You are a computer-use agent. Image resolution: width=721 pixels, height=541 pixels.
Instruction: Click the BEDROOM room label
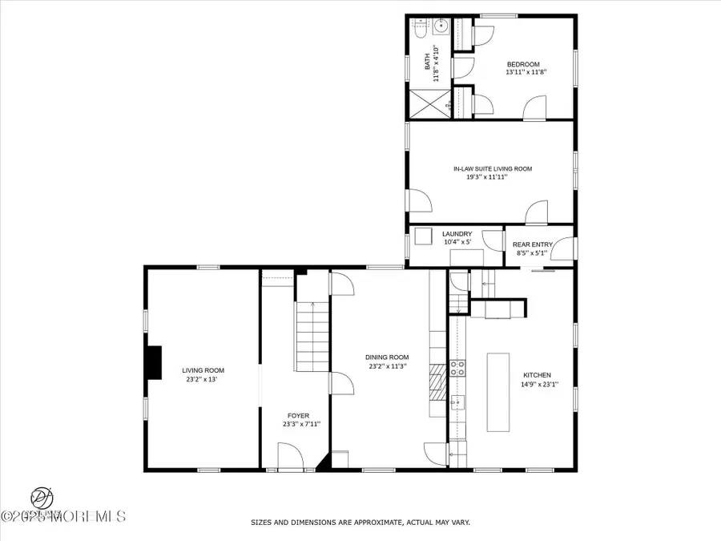522,65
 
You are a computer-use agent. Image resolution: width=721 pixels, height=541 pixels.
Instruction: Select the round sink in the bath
441,26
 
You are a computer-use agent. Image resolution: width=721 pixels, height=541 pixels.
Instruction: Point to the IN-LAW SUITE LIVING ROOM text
492,169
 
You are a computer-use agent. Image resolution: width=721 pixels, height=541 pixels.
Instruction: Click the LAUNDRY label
451,234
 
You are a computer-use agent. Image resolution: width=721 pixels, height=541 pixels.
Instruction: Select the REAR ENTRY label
534,244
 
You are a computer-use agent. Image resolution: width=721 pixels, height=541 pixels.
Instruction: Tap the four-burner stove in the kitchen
459,368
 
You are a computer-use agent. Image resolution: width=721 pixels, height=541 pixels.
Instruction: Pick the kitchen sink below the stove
457,402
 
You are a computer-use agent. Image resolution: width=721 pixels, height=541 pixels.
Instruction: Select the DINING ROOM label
387,357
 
